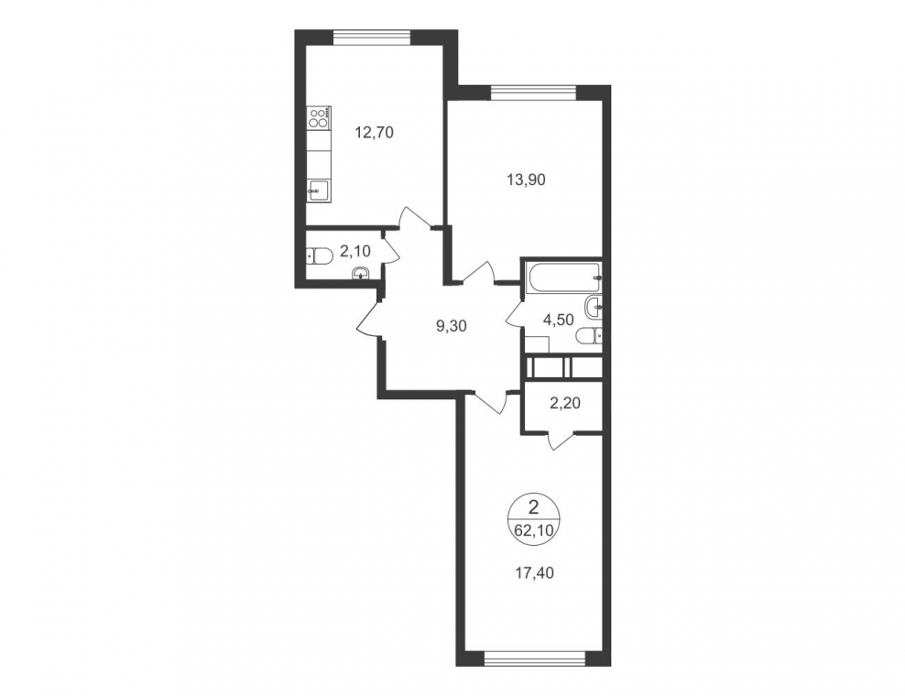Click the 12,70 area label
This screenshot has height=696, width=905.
(x=374, y=133)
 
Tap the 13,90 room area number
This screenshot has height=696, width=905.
(x=526, y=179)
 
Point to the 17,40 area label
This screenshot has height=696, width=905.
(x=534, y=573)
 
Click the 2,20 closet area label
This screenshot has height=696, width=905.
(x=565, y=403)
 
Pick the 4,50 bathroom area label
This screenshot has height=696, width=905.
(x=558, y=320)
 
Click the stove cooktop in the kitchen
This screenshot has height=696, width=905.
(x=318, y=118)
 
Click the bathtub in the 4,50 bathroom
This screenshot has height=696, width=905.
(x=562, y=277)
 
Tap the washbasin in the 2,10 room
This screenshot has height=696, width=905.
(x=361, y=272)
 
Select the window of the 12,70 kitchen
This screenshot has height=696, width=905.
(x=372, y=37)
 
